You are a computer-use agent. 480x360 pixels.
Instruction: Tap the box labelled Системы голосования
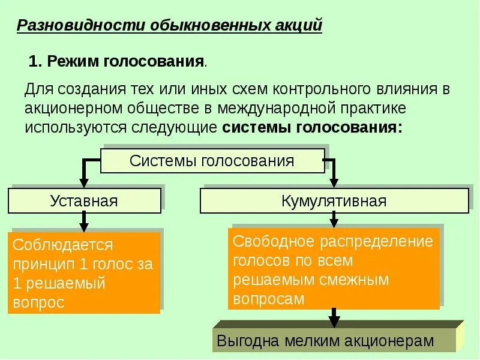[x=212, y=161]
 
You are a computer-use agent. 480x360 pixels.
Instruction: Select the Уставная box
[x=84, y=200]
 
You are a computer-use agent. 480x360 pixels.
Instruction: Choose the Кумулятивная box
[x=334, y=200]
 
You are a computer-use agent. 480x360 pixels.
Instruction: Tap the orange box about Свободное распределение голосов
[x=334, y=268]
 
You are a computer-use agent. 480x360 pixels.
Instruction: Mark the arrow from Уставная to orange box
[x=84, y=223]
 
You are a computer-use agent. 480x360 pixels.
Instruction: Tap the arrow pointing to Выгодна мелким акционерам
[x=334, y=317]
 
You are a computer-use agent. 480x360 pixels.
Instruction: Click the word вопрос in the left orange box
[x=38, y=302]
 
